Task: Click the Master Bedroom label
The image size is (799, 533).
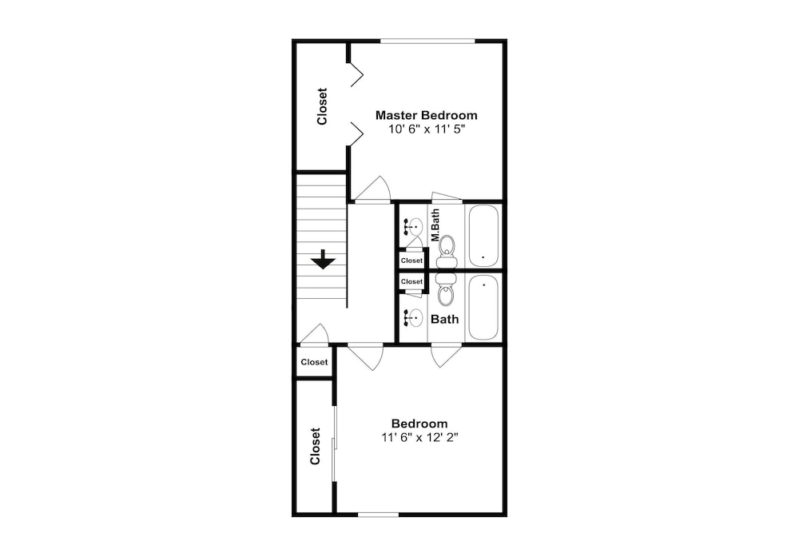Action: (x=427, y=115)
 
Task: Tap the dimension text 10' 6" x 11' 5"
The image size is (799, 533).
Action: (x=427, y=129)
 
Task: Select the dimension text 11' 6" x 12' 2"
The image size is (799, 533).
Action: (x=420, y=437)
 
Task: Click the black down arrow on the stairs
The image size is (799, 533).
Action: (x=323, y=260)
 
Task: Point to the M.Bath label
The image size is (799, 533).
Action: (x=435, y=225)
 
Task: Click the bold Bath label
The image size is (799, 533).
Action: (x=445, y=320)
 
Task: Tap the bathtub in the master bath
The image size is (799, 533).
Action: (x=483, y=236)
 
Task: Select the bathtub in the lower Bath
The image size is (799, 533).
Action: (x=483, y=308)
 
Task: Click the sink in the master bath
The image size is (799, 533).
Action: (x=413, y=225)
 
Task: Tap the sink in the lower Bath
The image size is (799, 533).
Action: (x=413, y=317)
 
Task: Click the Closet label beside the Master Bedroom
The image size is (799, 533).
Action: (x=321, y=106)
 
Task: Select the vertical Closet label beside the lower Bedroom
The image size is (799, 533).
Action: (x=315, y=446)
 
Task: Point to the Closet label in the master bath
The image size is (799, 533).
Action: (x=411, y=261)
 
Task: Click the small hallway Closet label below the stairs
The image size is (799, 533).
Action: (x=314, y=362)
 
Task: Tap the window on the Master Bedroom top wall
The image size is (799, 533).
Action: (x=427, y=42)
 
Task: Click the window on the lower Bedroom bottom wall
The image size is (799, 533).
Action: (x=378, y=515)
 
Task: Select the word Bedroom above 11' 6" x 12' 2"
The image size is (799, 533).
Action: (x=419, y=424)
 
